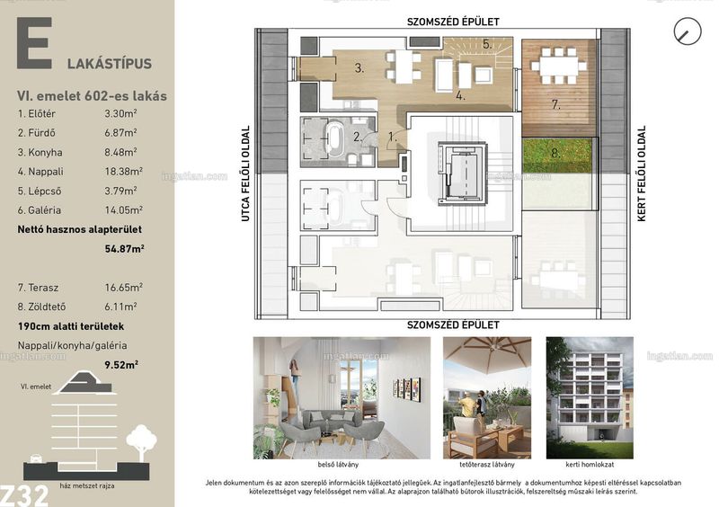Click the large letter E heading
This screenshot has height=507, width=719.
34,43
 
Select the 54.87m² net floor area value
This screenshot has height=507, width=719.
125,249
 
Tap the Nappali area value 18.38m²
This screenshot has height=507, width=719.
123,171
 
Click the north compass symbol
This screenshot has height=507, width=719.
688,31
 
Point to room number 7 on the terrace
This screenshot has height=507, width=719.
556,104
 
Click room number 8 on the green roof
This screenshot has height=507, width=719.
555,152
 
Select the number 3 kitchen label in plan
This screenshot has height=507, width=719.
359,68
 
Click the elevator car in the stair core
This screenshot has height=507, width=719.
461,173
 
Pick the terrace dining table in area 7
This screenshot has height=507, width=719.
559,66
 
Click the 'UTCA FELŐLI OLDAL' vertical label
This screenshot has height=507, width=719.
245,173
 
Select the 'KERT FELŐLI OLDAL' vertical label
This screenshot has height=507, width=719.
642,173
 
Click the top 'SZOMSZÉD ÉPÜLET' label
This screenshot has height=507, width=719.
453,22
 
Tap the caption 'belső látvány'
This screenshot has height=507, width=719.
338,465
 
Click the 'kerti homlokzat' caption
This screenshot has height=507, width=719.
590,465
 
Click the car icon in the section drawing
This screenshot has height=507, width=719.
35,458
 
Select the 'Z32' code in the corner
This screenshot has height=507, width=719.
24,495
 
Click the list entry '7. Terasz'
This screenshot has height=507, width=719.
38,288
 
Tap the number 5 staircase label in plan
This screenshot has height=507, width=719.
487,45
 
